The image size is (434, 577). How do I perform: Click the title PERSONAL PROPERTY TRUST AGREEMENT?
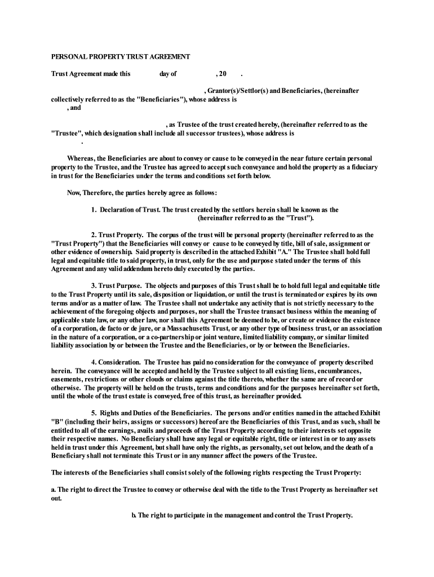[x=121, y=57]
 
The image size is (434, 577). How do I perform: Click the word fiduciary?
[x=363, y=167]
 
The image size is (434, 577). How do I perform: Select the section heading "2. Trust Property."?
[x=117, y=234]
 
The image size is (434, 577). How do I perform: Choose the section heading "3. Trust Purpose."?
[x=117, y=286]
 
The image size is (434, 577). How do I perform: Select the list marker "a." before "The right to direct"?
[x=54, y=489]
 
